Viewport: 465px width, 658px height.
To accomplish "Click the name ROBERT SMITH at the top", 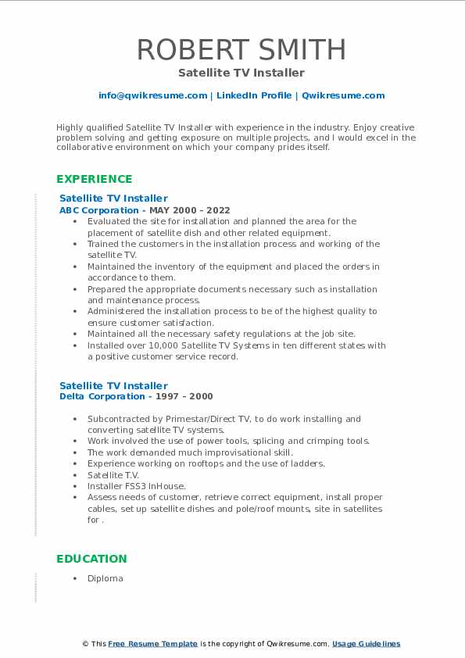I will point(241,48).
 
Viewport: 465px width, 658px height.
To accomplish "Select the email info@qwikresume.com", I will point(153,95).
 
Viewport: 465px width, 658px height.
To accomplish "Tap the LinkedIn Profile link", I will point(253,95).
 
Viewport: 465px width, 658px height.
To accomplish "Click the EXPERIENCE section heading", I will point(94,179).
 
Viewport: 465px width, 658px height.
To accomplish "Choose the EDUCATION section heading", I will point(91,559).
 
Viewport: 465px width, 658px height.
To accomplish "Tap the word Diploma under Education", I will point(106,578).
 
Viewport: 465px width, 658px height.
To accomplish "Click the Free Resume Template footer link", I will point(153,644).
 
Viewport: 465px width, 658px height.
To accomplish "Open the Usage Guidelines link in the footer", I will point(366,644).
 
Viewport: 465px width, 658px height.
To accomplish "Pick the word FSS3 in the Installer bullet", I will point(134,486).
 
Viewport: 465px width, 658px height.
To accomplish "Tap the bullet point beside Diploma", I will point(73,578).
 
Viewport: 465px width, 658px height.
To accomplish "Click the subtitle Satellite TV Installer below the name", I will point(241,73).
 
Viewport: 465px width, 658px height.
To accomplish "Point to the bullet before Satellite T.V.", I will point(73,474).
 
